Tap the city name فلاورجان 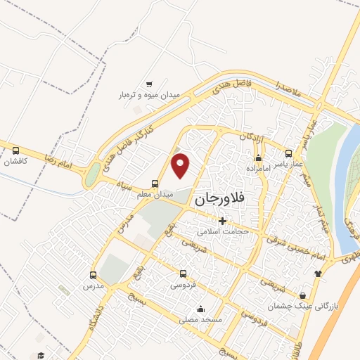[x=218, y=199]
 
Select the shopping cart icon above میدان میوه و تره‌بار [x=148, y=83]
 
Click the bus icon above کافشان [x=15, y=150]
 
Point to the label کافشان [x=15, y=162]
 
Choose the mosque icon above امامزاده [x=259, y=158]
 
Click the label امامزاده [x=259, y=169]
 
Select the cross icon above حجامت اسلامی [x=222, y=220]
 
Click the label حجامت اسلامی [x=219, y=231]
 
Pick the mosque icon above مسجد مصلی [x=200, y=308]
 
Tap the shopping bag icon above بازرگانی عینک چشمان [x=303, y=295]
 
